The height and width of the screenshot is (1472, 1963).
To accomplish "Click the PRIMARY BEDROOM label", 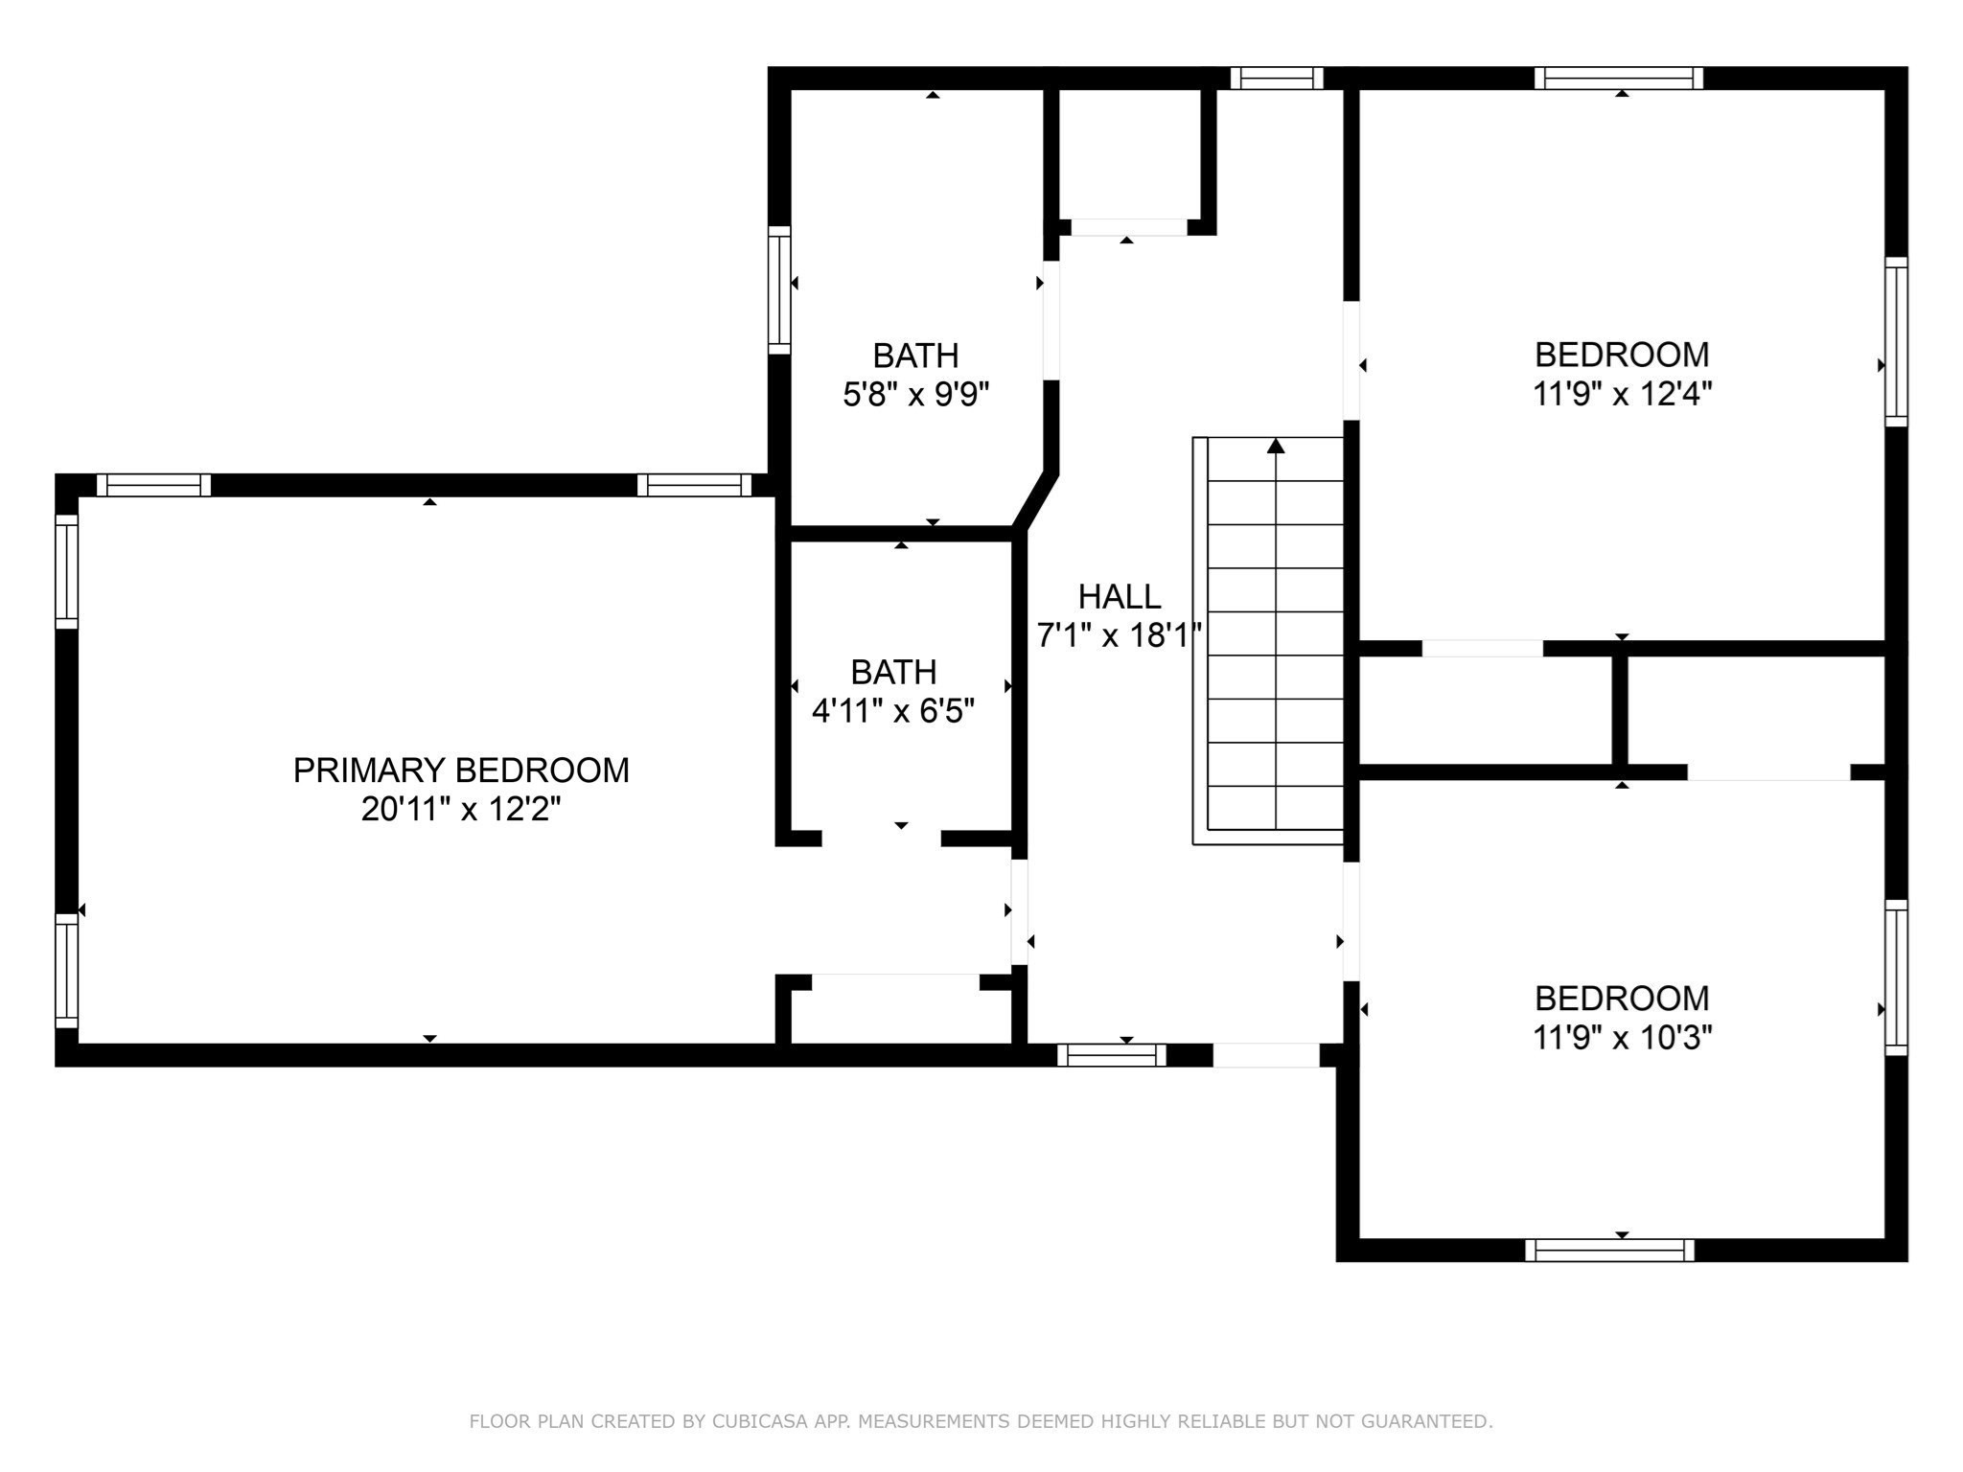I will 461,770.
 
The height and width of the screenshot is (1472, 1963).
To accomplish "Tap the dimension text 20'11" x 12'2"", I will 461,810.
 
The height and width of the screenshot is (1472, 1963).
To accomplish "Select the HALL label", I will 1119,597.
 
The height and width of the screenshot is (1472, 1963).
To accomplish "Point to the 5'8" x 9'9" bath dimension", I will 915,395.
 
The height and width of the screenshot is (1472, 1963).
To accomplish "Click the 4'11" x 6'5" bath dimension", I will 893,711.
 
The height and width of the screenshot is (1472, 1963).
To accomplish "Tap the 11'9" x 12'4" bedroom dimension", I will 1622,394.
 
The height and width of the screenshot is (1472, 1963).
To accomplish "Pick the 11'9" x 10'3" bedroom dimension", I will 1622,1038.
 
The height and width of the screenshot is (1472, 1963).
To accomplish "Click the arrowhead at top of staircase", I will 1276,446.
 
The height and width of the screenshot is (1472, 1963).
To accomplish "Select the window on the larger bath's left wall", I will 779,290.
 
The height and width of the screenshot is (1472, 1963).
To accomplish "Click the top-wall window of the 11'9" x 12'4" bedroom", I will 1619,79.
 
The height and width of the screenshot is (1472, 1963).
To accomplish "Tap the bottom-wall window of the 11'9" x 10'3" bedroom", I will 1609,1251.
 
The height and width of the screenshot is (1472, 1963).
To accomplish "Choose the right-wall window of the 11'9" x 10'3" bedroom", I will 1896,977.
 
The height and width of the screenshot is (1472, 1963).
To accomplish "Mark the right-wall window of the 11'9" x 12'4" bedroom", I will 1896,341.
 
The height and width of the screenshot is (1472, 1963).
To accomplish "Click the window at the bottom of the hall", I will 1112,1055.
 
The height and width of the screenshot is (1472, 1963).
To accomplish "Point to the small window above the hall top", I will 1277,79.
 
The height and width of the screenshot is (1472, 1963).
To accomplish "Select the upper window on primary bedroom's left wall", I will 66,572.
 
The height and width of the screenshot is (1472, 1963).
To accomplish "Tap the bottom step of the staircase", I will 1276,808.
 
